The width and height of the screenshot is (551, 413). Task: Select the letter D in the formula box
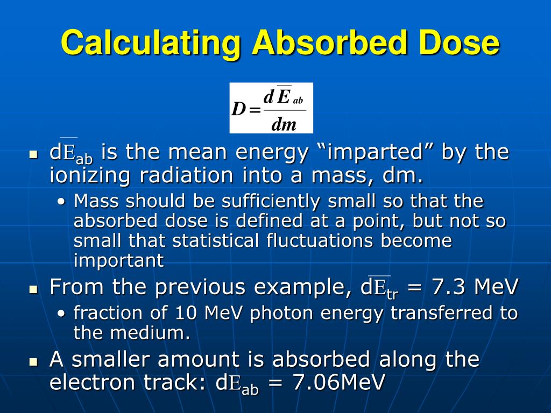238,109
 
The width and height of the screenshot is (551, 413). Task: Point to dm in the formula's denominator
284,125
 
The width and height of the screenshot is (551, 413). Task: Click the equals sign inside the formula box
255,110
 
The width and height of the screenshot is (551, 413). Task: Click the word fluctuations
320,240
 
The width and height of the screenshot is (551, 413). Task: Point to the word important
118,260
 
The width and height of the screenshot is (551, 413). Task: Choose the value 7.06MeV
338,383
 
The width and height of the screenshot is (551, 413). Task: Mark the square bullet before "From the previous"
34,289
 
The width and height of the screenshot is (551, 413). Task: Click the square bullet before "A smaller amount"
34,361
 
